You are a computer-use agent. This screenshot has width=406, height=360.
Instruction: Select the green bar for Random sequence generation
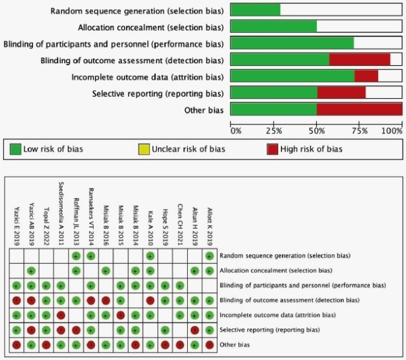coord(255,10)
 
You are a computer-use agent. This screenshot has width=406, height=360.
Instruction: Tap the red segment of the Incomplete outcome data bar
coord(366,77)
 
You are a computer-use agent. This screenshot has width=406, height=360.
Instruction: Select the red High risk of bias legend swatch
coord(272,150)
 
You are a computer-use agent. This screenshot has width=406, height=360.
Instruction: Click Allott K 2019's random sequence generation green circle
coord(209,256)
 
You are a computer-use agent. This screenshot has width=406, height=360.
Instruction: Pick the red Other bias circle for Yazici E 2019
coord(16,345)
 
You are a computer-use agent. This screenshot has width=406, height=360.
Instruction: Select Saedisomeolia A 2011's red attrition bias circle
coord(61,315)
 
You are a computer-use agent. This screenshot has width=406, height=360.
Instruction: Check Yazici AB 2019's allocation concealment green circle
coord(31,271)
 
